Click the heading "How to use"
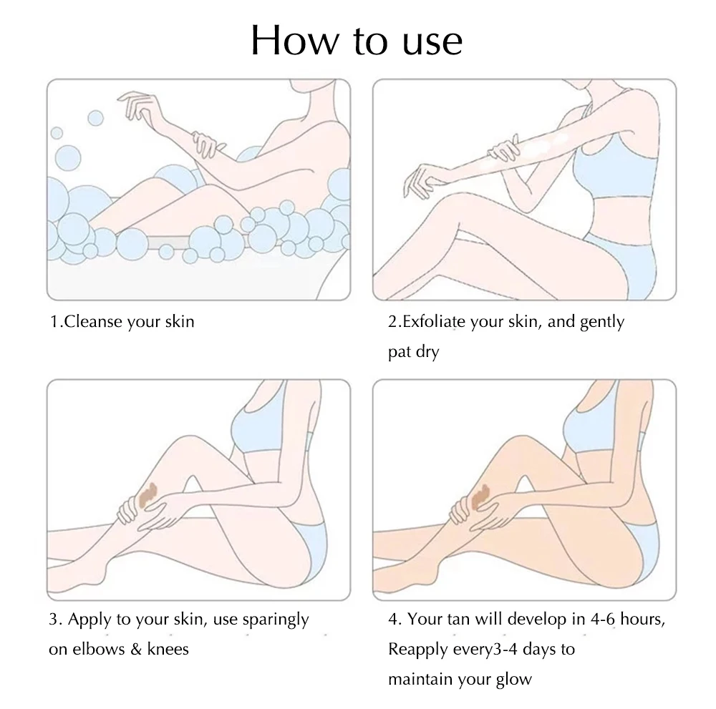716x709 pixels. point(357,40)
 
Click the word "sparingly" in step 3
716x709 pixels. point(276,620)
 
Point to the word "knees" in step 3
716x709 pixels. point(168,648)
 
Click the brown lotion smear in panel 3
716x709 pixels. point(147,494)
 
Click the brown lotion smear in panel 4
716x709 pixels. point(480,497)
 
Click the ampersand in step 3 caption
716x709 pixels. point(135,649)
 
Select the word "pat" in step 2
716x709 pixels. point(400,352)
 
